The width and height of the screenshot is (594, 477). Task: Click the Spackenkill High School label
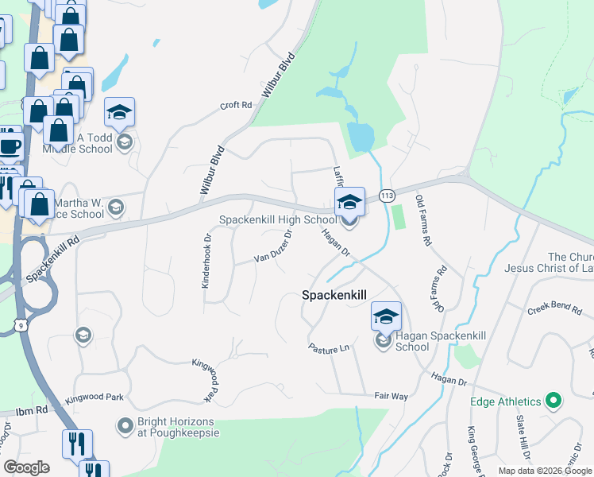point(278,219)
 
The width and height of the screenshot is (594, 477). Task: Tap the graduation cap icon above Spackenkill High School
point(349,202)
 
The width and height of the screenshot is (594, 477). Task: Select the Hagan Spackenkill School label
point(412,341)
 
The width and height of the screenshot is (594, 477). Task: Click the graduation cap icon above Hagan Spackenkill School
point(386,316)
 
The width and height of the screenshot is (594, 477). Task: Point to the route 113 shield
point(388,196)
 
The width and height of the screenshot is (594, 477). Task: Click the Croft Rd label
point(236,105)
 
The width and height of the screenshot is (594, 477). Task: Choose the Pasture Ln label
point(329,348)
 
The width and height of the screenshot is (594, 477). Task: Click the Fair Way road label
point(391,396)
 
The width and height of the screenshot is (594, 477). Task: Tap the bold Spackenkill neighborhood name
point(334,295)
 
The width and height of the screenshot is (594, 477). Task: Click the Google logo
point(26,467)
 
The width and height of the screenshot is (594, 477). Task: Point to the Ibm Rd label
point(30,411)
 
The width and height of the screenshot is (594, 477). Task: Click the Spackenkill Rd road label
point(53,258)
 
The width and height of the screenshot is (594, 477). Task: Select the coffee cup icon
point(10,147)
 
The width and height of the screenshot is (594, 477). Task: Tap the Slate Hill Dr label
point(522,440)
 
